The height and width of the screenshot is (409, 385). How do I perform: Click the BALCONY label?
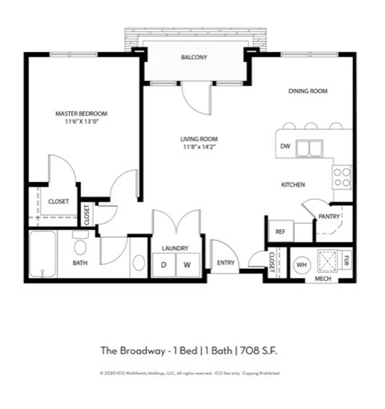coord(194,57)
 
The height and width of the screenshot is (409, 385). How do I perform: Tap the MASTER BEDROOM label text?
coord(81,113)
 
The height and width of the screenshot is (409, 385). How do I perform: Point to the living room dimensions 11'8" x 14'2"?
coord(199,147)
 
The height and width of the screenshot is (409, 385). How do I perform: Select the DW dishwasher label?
coord(285,146)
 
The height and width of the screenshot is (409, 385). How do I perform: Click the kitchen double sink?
coord(309,148)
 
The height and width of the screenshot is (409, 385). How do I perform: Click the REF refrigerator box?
coord(280,232)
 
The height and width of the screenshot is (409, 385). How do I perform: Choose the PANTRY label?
coord(329,216)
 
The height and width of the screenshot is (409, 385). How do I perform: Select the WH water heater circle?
coord(301,265)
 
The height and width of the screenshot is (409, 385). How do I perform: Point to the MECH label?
coord(323,279)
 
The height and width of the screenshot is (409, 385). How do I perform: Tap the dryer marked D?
coord(164,265)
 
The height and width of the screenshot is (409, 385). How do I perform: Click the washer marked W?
coord(187,265)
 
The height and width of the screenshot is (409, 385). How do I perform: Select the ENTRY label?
coord(226,263)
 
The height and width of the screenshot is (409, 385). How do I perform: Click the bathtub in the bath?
coord(43,254)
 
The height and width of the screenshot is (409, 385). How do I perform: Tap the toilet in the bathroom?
coord(80,245)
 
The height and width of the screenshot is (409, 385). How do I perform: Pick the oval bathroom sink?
coord(139,263)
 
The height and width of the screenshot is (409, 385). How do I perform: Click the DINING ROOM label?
coord(308,91)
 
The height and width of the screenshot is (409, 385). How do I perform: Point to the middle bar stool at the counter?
coord(311,126)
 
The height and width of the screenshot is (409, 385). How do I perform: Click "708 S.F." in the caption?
coord(259,351)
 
